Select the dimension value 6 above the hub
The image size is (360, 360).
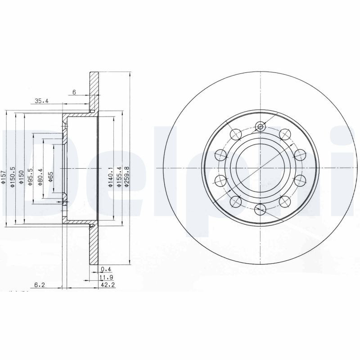[74, 92]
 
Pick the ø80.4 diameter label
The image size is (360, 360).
[40, 176]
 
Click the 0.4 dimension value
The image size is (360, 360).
[106, 269]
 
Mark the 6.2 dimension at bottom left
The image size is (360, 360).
[40, 284]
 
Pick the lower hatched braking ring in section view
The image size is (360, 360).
[94, 245]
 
